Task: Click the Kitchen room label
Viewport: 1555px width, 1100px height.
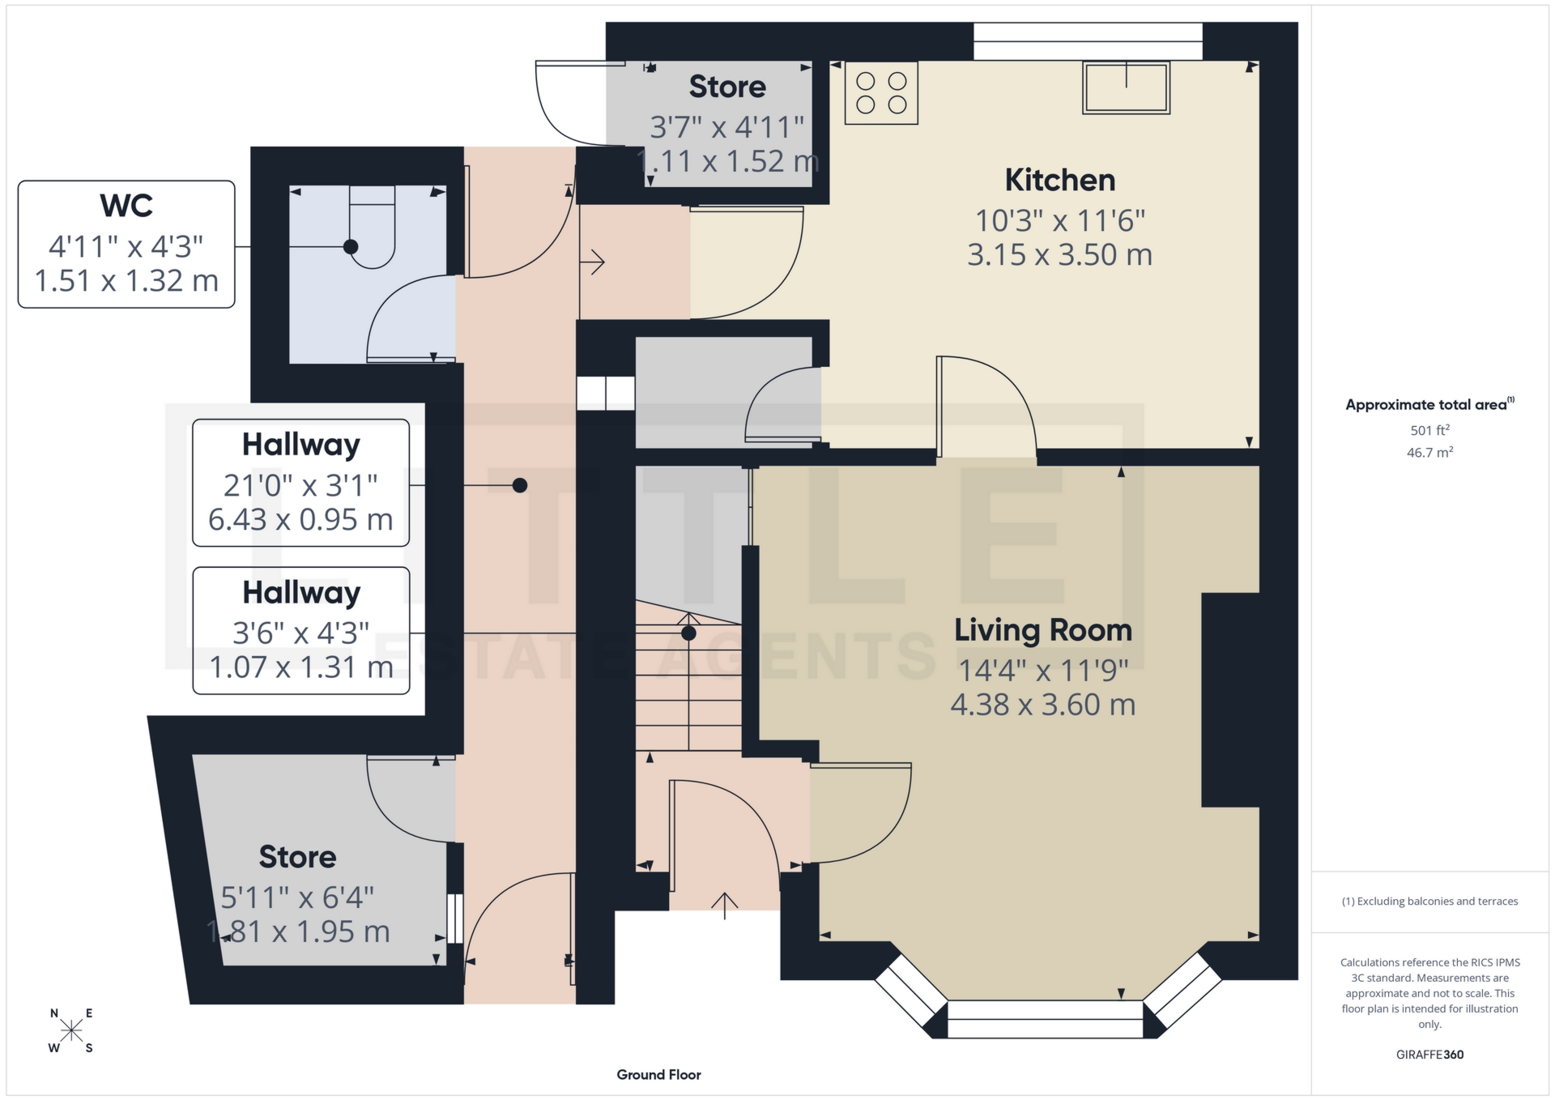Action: (1059, 180)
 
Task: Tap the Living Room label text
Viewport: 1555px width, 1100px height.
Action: (1042, 630)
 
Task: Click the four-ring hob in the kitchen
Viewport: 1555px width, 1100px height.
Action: (881, 93)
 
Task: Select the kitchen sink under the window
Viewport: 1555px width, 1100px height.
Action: (1126, 87)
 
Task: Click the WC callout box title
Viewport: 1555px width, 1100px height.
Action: (126, 206)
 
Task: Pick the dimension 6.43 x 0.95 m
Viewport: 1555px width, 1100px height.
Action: (300, 519)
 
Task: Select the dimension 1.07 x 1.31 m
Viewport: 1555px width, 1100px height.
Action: (300, 667)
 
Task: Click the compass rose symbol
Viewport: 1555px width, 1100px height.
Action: (71, 1030)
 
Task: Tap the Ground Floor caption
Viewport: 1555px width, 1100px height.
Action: (658, 1075)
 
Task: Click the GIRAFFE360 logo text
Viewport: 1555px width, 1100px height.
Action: (1429, 1055)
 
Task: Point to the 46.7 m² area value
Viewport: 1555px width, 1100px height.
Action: (1429, 452)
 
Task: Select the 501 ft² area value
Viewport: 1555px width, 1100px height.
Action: (1429, 430)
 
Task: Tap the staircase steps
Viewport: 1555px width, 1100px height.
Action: (688, 689)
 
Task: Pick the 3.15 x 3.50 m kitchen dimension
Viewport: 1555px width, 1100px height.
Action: (1059, 255)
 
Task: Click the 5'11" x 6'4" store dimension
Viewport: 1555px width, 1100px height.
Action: (297, 897)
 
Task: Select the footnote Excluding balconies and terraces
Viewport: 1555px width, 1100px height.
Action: (1429, 902)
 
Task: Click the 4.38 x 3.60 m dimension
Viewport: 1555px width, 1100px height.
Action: (1042, 705)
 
